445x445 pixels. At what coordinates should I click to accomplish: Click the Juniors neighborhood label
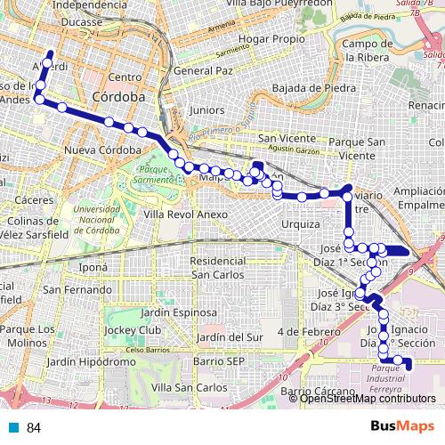coord(207,110)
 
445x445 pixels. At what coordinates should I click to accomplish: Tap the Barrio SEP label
coord(222,361)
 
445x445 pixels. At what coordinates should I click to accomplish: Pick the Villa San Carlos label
coord(189,388)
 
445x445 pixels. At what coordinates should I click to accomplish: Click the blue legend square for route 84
coord(12,428)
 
